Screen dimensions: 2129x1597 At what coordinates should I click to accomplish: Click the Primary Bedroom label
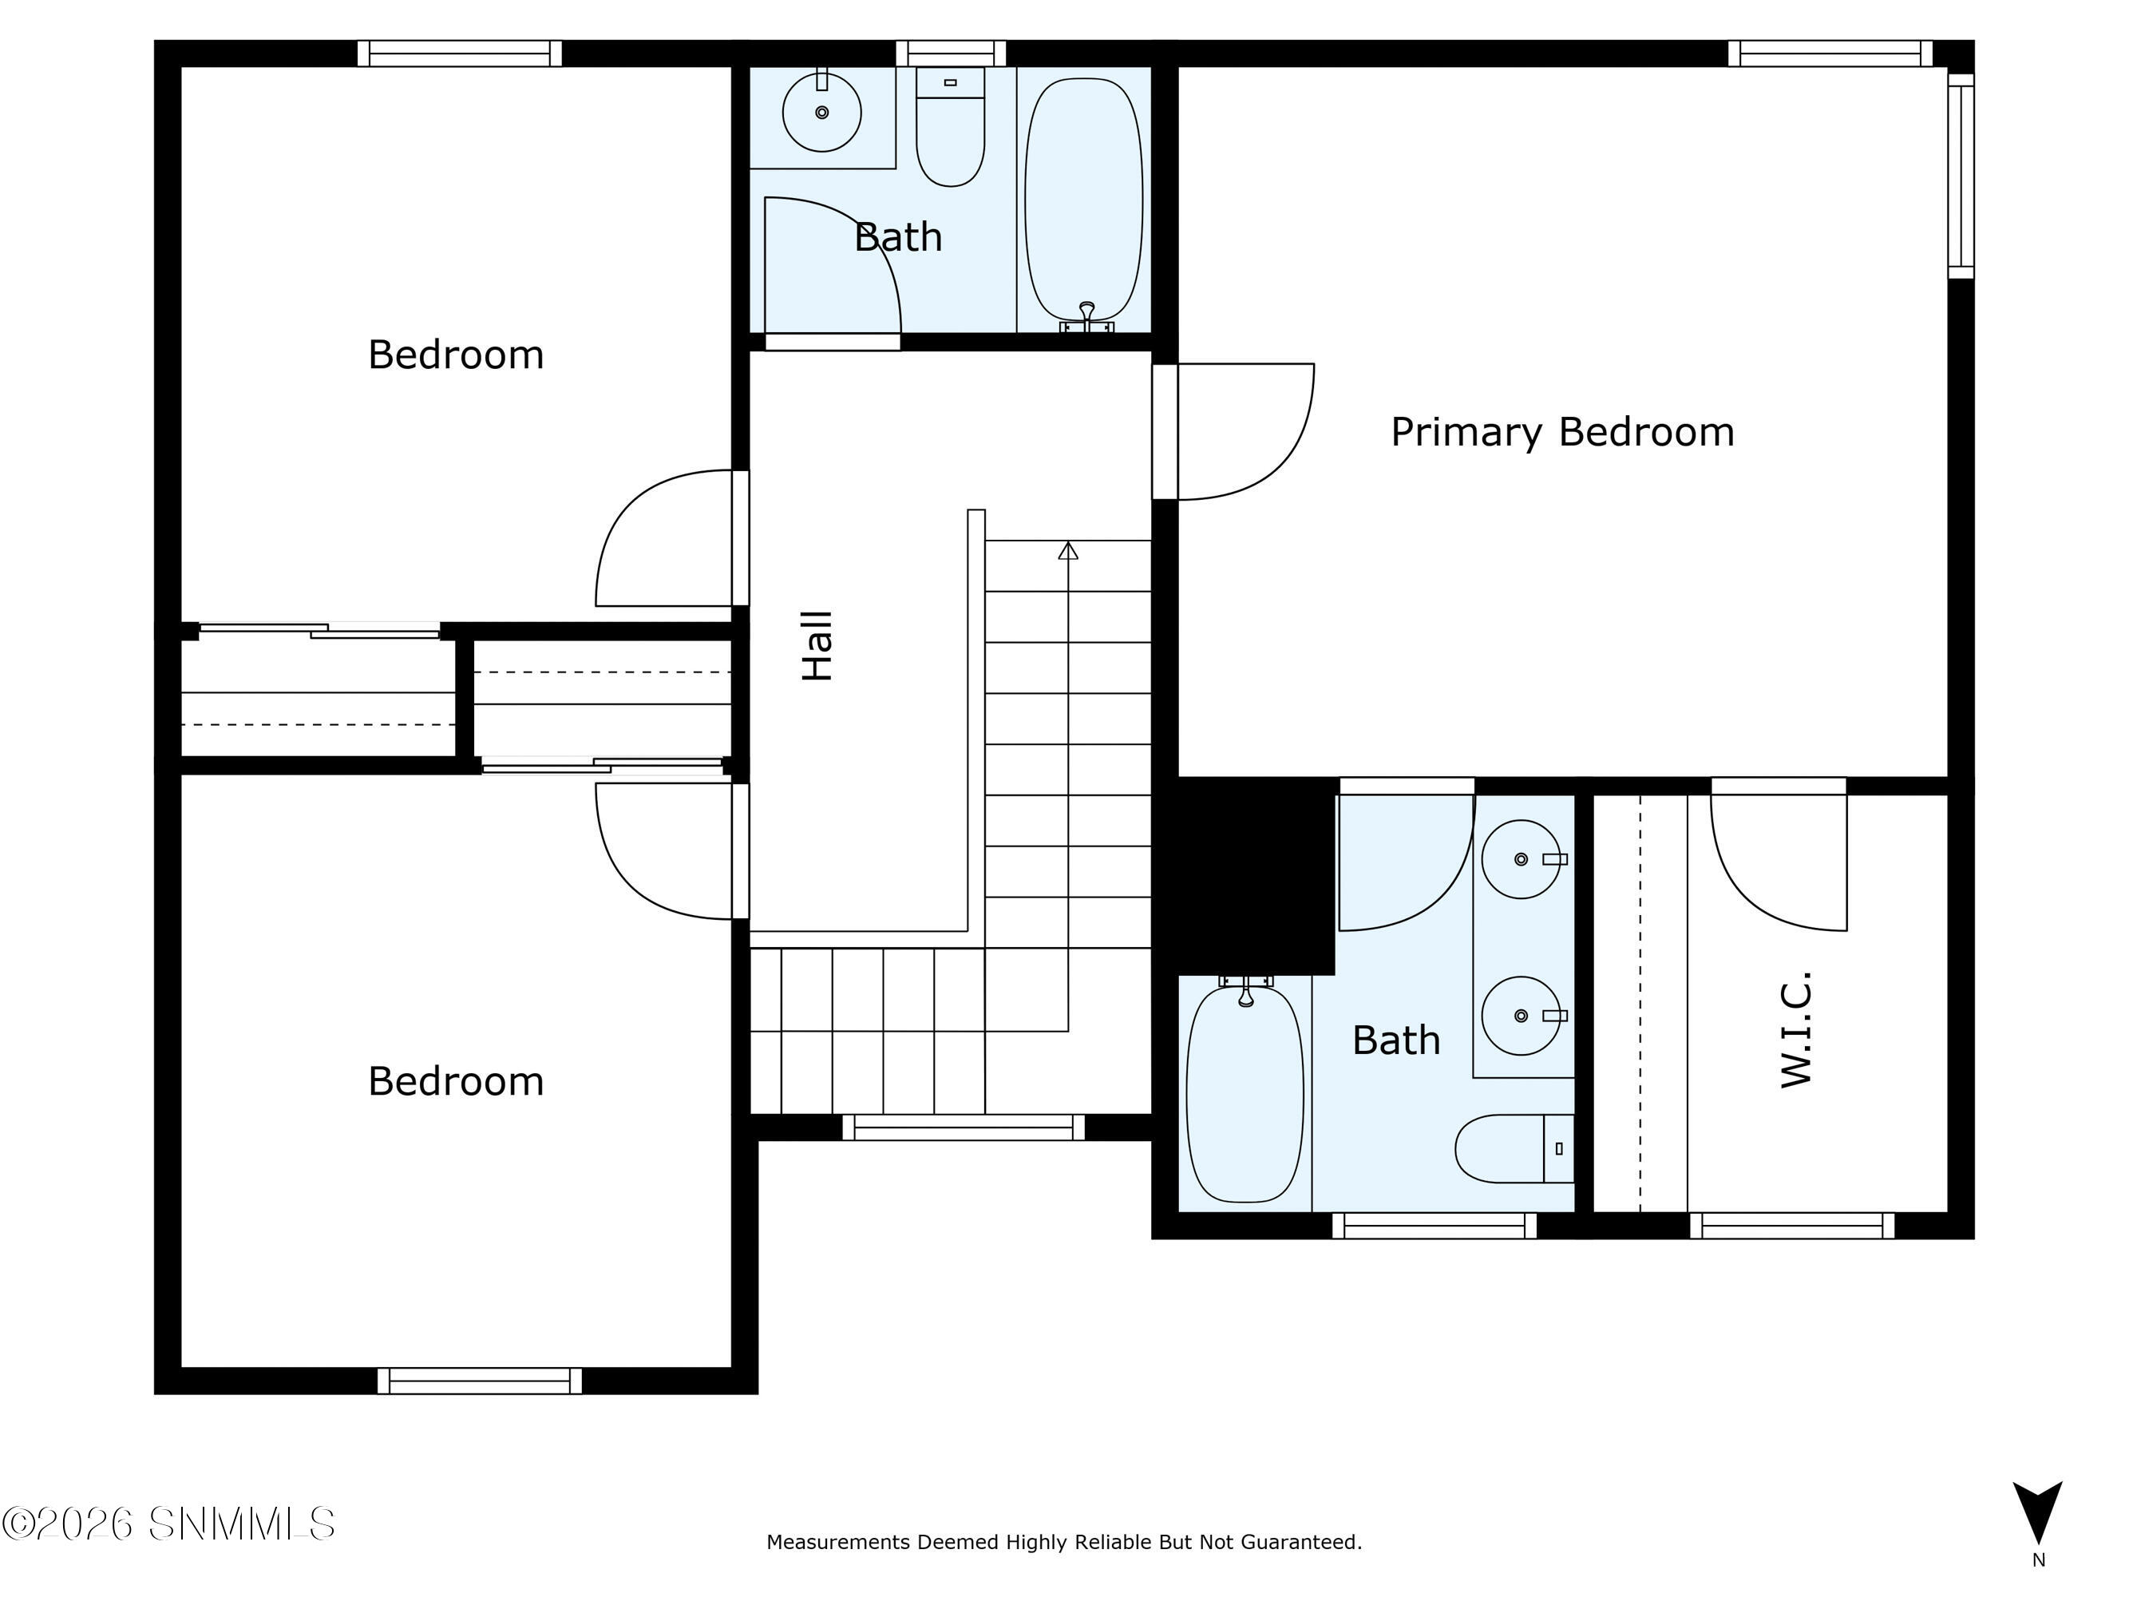coord(1562,432)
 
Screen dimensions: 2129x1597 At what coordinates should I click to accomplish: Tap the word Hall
coord(817,646)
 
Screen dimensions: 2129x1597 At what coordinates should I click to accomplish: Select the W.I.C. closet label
coord(1796,1029)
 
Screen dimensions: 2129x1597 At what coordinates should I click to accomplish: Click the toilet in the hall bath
coord(950,126)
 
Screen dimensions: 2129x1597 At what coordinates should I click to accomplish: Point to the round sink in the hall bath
coord(822,113)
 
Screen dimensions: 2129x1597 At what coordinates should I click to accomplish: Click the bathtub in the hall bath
coord(1084,200)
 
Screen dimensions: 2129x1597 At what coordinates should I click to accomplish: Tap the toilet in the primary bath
coord(1514,1148)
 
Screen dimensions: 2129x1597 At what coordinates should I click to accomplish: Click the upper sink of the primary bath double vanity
coord(1521,858)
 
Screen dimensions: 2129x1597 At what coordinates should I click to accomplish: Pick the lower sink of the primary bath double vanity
coord(1521,1016)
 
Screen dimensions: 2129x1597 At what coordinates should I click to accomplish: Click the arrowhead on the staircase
coord(1067,551)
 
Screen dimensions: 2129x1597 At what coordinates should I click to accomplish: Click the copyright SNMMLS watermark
coord(168,1524)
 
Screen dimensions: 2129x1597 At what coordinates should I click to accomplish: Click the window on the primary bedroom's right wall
coord(1961,176)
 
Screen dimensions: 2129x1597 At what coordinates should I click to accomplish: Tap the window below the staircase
coord(964,1127)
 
